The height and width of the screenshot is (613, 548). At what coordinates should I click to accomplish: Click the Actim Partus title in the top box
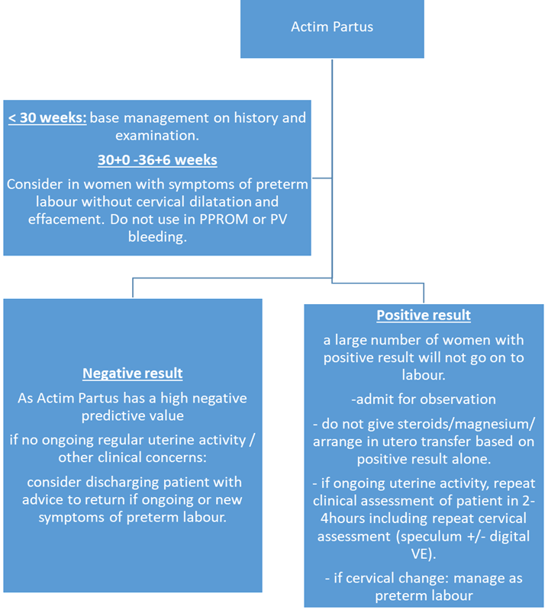click(332, 27)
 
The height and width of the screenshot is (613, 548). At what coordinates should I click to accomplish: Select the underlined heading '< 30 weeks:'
click(47, 118)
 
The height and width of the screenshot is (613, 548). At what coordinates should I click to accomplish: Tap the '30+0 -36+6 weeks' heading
click(156, 160)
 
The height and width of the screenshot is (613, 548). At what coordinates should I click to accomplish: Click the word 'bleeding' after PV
click(156, 236)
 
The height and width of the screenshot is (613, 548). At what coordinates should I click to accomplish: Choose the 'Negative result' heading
click(133, 373)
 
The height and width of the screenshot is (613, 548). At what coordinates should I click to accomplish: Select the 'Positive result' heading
click(424, 315)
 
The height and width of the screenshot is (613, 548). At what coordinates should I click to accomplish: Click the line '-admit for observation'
click(424, 399)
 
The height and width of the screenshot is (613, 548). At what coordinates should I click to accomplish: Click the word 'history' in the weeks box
click(252, 118)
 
